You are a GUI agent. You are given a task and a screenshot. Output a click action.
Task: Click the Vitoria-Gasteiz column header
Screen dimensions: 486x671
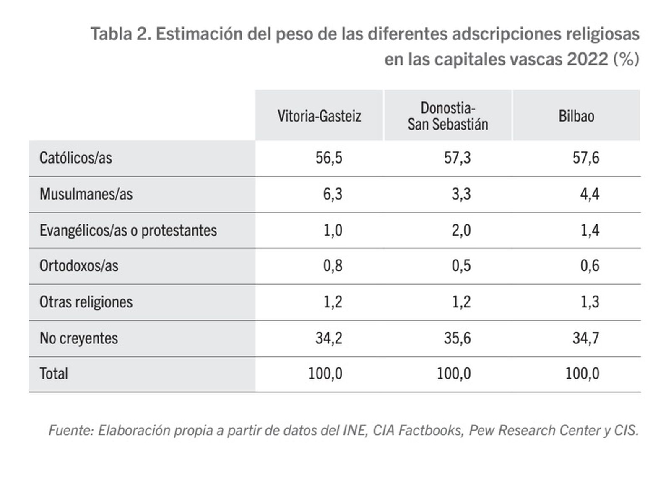point(319,116)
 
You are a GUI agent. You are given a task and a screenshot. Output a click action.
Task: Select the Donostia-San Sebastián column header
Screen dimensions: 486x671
point(448,116)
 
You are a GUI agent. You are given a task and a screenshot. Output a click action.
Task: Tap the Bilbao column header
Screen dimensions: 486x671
point(576,116)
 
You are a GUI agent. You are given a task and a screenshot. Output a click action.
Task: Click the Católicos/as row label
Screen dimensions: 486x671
point(76,158)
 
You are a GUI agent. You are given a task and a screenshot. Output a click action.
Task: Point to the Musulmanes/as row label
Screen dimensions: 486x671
point(86,194)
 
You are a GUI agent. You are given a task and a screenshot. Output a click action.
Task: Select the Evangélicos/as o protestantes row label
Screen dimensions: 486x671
point(128,230)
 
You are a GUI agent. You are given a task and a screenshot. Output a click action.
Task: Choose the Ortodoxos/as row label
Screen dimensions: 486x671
point(79,266)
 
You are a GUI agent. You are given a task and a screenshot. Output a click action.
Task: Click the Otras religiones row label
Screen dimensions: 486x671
point(86,302)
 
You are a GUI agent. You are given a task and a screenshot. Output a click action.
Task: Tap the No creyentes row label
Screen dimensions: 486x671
point(79,338)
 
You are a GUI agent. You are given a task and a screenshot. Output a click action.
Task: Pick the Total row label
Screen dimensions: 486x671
point(54,374)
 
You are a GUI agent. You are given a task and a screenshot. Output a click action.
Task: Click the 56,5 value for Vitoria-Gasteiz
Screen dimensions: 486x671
point(329,158)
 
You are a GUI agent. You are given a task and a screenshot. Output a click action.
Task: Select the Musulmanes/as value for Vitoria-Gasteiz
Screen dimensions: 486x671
point(333,194)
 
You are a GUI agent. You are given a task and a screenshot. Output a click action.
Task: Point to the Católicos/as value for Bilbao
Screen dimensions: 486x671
point(586,158)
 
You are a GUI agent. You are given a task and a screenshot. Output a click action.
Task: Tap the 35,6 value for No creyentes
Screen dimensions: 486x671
point(457,338)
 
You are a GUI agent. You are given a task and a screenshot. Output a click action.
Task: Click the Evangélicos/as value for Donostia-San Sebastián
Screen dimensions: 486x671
point(461,230)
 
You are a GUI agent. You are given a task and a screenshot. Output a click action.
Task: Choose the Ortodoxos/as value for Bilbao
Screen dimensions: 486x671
point(590,266)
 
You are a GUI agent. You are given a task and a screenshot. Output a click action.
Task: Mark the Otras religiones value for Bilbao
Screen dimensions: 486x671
point(590,302)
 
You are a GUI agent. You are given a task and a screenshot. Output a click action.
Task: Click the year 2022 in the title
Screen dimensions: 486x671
point(587,59)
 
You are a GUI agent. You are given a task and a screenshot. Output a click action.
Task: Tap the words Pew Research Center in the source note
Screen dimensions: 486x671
point(535,430)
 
